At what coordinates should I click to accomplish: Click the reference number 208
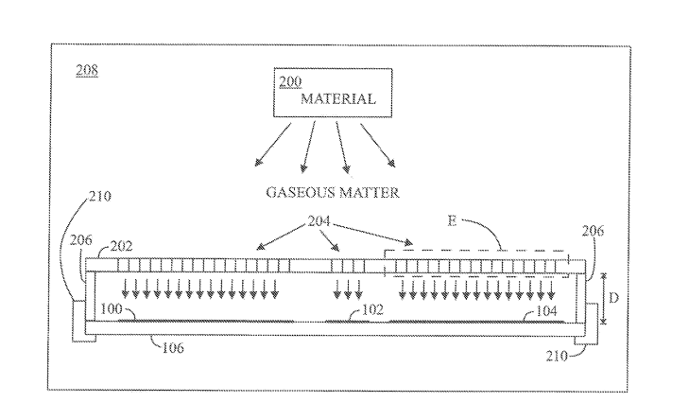87,70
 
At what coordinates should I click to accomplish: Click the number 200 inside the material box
290,82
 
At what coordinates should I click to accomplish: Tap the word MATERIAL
338,98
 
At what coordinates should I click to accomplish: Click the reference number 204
319,220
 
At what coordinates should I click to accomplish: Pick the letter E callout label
452,220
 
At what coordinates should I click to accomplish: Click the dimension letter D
613,298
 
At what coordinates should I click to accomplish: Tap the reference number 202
121,246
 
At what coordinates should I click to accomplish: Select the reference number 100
112,308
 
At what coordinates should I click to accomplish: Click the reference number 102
372,309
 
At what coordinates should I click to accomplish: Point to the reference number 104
546,311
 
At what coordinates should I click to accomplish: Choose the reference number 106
173,348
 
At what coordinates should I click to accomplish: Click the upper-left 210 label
100,196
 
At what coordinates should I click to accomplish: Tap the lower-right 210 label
558,356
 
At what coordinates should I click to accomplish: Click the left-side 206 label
81,239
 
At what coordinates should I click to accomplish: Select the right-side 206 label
593,231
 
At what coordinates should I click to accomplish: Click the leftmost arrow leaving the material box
273,145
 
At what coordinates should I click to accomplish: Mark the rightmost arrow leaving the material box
378,146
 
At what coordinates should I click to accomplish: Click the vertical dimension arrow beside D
603,299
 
